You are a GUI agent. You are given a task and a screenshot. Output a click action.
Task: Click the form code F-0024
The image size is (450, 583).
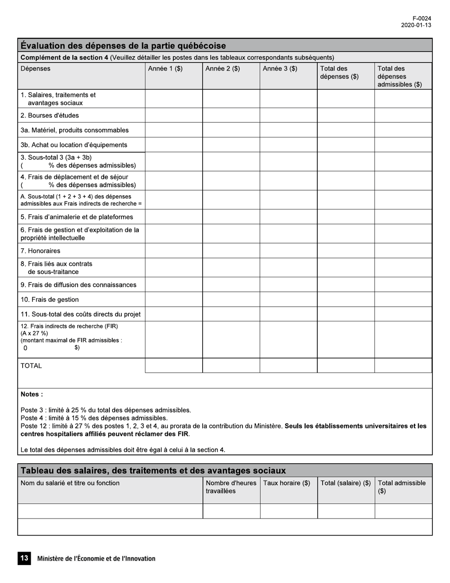(x=422, y=18)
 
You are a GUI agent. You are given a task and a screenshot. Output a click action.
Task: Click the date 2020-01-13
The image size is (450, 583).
(x=416, y=26)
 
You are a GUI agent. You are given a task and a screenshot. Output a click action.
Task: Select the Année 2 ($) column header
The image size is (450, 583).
(x=223, y=69)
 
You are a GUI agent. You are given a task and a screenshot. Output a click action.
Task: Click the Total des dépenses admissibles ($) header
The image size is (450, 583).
(x=399, y=76)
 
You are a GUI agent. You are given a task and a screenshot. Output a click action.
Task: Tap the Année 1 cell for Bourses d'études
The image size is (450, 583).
(x=174, y=115)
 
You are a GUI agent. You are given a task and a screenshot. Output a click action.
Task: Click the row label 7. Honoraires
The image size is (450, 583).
(x=41, y=251)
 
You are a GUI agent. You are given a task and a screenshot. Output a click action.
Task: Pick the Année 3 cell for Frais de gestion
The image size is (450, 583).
(x=288, y=299)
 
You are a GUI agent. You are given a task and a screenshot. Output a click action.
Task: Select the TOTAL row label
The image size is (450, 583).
(x=31, y=366)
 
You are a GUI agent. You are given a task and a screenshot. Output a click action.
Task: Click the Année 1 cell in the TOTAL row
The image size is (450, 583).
(x=174, y=365)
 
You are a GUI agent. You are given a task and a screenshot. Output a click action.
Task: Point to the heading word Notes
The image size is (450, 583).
(x=31, y=394)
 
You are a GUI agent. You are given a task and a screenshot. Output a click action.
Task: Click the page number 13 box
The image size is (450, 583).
(x=24, y=558)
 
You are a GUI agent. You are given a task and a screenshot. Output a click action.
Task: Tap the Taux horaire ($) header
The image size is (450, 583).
(x=287, y=483)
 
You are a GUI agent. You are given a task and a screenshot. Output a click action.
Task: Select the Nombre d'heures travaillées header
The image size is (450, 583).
(x=231, y=487)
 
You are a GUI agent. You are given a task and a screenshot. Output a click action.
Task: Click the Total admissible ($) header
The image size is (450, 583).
(x=402, y=487)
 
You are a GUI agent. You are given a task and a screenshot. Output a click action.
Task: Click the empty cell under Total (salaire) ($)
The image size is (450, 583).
(x=346, y=511)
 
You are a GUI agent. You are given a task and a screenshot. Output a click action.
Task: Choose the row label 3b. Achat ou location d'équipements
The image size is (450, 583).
(x=74, y=145)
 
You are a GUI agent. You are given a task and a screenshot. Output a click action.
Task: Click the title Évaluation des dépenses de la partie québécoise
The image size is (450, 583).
(x=123, y=46)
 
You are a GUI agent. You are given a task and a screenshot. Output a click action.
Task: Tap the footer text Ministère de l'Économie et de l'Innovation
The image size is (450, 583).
(x=96, y=558)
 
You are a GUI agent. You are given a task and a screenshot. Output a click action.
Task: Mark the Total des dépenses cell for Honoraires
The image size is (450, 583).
(x=346, y=251)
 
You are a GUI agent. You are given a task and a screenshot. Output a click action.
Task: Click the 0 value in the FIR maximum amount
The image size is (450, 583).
(x=26, y=348)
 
